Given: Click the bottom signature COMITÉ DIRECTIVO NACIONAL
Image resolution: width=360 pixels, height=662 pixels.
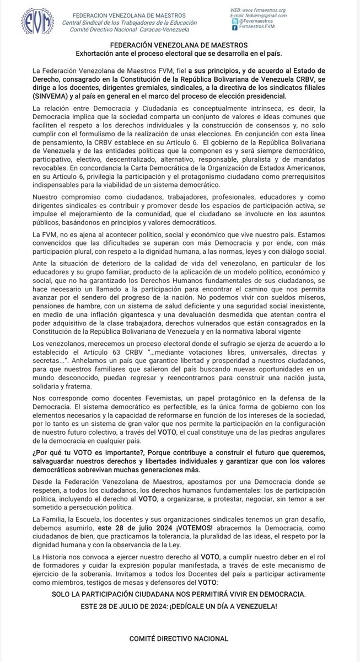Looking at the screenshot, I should click(180, 638).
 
